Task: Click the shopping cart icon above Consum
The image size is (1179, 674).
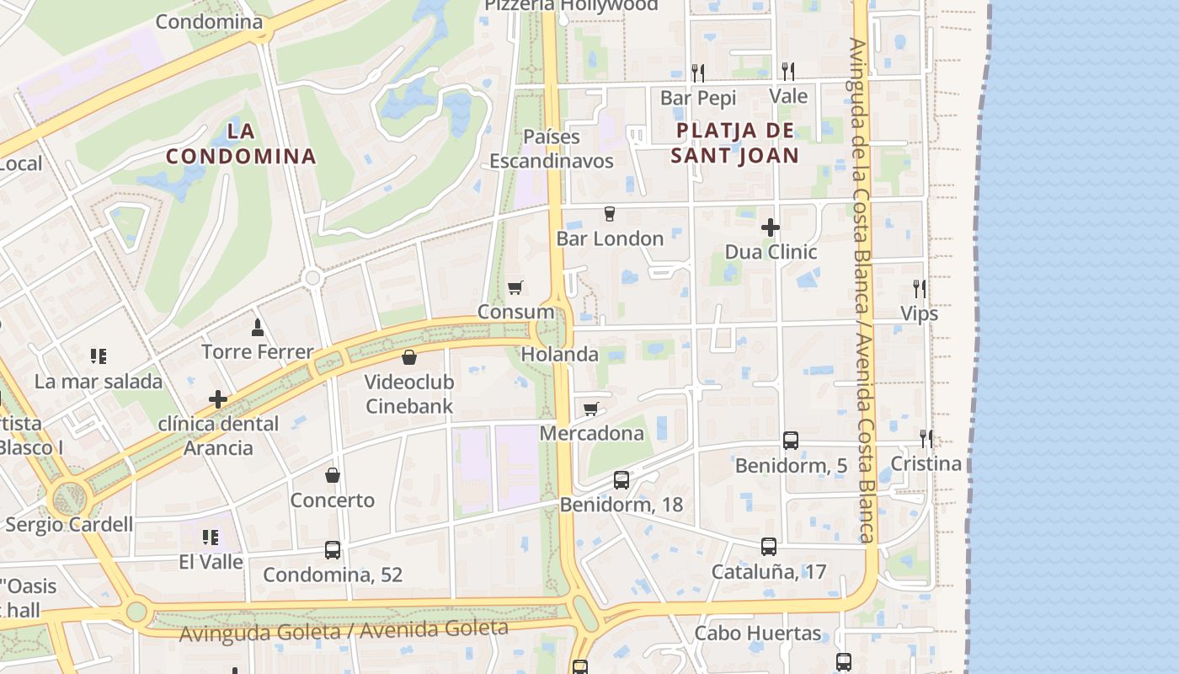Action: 515,288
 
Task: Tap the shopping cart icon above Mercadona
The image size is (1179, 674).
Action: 591,409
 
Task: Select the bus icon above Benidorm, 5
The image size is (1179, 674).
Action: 790,440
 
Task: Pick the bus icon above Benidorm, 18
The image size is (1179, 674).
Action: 621,480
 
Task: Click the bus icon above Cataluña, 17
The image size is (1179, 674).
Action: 768,547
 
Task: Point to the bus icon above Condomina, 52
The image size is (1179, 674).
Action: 333,550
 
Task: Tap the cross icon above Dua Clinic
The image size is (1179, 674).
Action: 770,227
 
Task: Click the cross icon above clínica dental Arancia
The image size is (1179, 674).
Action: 218,399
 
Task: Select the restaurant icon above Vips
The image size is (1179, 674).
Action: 919,289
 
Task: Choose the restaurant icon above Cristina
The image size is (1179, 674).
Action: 926,438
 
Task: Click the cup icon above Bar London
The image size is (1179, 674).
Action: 610,214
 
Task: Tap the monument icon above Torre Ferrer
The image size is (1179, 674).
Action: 258,327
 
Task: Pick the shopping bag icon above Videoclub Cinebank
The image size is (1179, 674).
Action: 409,357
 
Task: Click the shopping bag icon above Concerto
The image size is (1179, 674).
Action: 333,475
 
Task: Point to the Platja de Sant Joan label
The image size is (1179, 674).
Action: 734,143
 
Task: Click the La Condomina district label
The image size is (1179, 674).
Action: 241,143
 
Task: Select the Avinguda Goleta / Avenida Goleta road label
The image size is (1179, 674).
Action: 344,629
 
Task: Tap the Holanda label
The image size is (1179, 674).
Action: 559,355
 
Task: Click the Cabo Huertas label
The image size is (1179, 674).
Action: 757,634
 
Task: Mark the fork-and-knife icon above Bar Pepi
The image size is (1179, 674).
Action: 697,72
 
